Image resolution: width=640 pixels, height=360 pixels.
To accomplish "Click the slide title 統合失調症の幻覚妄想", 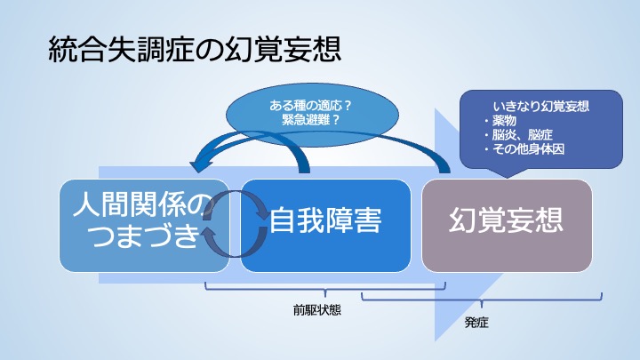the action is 195,50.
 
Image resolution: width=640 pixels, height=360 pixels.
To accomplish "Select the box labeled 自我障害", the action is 325,225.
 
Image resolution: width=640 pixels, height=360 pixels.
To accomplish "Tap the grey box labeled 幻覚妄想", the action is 507,225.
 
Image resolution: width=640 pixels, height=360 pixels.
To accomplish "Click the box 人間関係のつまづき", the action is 145,225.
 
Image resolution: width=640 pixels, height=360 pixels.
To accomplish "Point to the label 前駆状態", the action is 316,310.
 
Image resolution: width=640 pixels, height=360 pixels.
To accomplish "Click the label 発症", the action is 476,323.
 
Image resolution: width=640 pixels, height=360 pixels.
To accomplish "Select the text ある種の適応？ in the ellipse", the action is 310,106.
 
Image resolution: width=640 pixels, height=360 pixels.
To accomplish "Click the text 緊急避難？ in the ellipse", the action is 310,120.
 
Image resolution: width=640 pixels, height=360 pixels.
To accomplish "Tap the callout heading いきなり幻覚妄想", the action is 540,107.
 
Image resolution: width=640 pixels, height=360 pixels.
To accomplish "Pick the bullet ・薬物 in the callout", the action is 500,120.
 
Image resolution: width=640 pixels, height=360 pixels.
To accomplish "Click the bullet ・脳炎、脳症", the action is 517,135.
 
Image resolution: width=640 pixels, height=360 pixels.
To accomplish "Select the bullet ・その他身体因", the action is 524,149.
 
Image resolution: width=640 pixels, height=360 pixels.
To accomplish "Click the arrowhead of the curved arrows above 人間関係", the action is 200,165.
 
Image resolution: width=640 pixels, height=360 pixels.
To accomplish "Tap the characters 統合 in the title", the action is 77,50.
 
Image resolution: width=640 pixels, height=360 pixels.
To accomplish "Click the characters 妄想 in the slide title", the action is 312,50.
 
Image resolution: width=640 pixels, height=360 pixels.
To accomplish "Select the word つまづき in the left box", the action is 145,236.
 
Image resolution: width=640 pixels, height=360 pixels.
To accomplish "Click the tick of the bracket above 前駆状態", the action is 325,294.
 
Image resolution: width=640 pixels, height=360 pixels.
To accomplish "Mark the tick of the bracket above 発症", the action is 482,304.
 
